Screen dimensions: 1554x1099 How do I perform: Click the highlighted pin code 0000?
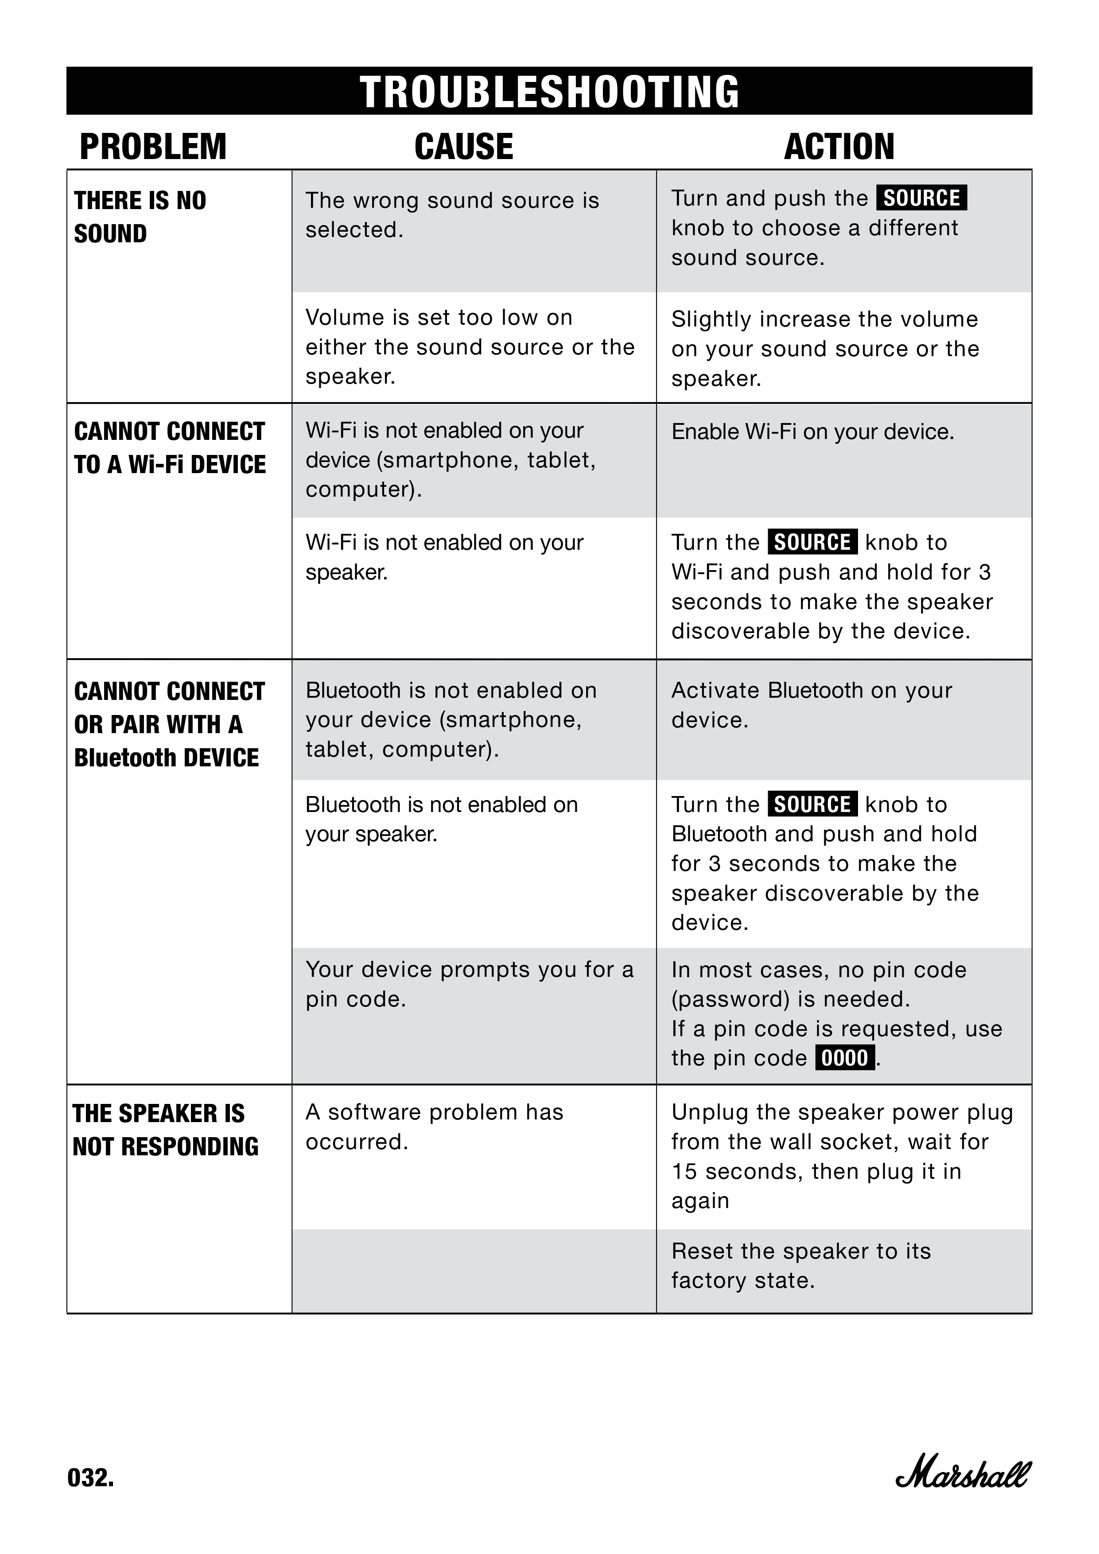click(845, 1058)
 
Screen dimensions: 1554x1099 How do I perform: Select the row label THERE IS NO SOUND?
click(140, 217)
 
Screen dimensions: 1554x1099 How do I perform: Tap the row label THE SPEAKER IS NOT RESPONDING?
click(165, 1130)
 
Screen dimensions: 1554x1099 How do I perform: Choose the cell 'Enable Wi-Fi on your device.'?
click(812, 432)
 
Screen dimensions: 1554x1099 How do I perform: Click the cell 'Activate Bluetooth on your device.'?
click(812, 705)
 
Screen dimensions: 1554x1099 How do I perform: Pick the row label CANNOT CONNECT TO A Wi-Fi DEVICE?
click(170, 447)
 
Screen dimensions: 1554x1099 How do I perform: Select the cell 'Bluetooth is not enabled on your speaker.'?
click(441, 819)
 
